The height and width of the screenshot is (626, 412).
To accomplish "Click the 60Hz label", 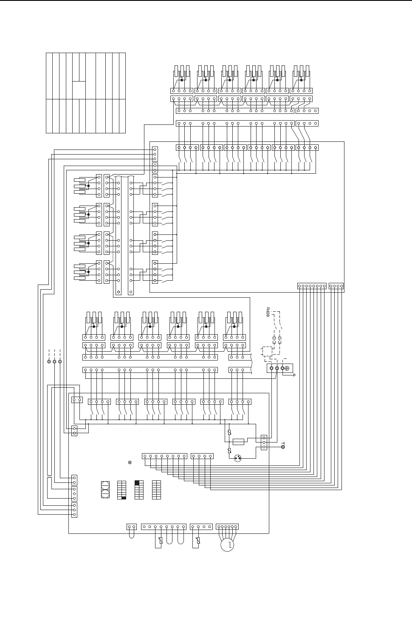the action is tap(268, 312).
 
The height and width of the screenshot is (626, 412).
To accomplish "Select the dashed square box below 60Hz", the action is tap(267, 351).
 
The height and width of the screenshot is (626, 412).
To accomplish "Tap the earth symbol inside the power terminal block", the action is tap(287, 368).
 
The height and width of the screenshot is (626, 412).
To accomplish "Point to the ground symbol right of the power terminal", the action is tap(294, 375).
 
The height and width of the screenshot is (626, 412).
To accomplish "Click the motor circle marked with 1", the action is tap(227, 545).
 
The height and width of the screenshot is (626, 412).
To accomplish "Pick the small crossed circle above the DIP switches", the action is tap(130, 462).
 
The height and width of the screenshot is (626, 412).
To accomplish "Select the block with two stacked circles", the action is tap(105, 490).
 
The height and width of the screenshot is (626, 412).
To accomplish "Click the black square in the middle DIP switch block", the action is tap(137, 482).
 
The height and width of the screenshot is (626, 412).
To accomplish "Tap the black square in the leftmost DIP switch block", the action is tap(124, 498).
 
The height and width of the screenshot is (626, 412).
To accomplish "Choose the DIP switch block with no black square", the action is tap(157, 490).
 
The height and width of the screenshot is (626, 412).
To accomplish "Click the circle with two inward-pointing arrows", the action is tap(237, 458).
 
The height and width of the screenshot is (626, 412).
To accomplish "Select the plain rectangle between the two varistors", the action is tap(238, 442).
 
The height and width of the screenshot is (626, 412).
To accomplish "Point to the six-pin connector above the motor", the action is tap(227, 527).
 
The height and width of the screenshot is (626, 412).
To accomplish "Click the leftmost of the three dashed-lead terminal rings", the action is tap(49, 361).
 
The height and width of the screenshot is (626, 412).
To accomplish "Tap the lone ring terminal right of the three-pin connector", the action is tap(283, 447).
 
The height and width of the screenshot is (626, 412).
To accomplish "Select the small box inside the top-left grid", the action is tap(79, 90).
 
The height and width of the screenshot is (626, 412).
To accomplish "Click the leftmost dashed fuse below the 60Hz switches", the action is tap(274, 340).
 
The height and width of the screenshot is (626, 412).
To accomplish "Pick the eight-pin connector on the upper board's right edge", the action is tap(312, 286).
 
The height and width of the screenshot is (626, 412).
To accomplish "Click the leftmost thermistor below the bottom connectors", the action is tap(161, 541).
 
